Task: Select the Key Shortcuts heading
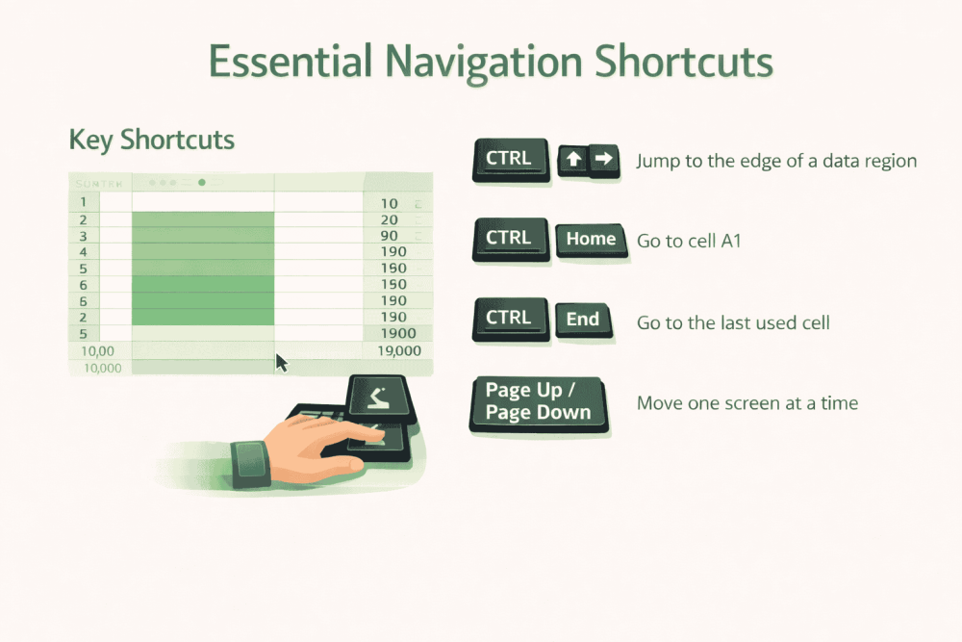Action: [152, 140]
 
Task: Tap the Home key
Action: [591, 239]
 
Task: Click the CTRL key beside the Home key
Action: [509, 238]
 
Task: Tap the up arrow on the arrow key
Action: [574, 160]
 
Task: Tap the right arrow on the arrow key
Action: [603, 159]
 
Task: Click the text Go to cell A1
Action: [689, 241]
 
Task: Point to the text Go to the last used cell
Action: [733, 322]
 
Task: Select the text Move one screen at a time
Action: [747, 402]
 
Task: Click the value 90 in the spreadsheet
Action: [390, 236]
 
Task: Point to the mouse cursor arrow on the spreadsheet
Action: [282, 362]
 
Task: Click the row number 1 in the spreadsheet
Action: [84, 202]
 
